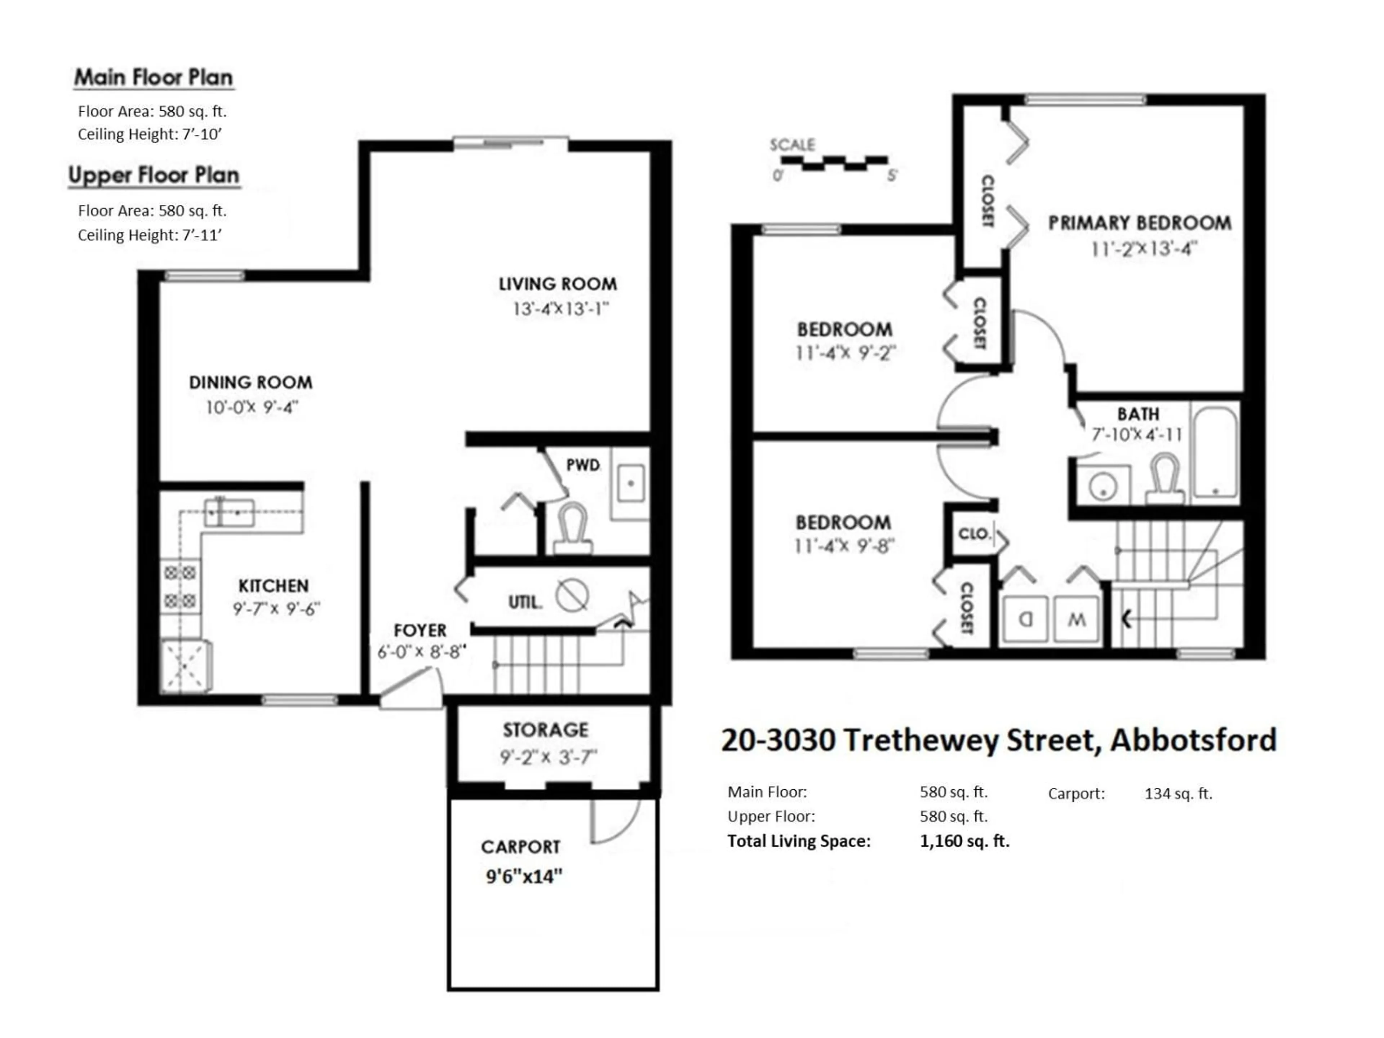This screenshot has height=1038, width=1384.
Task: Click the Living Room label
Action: (558, 284)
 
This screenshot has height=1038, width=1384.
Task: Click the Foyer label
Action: (420, 630)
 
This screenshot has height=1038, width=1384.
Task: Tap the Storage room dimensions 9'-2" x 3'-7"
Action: (548, 757)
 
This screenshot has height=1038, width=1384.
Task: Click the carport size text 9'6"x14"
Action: (524, 876)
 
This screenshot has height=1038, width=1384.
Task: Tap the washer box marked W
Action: (1076, 620)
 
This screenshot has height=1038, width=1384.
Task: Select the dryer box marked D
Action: (1025, 620)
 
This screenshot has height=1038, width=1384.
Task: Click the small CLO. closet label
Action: (973, 534)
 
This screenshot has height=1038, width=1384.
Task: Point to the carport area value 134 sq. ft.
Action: (1178, 793)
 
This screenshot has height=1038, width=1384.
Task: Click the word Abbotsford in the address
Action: (1193, 740)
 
